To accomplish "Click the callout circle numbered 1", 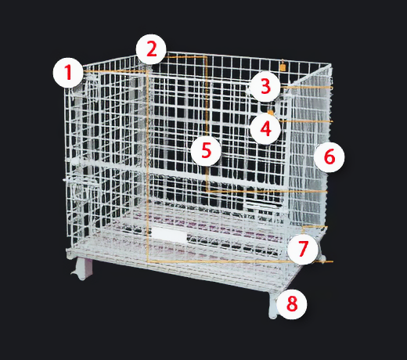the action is pyautogui.click(x=68, y=73).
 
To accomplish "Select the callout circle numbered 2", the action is pyautogui.click(x=151, y=49).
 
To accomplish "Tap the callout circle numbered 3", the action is pyautogui.click(x=265, y=86).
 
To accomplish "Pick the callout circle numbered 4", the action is pyautogui.click(x=265, y=129).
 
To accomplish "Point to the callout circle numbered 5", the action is pyautogui.click(x=206, y=151).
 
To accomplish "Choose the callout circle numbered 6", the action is pyautogui.click(x=330, y=157).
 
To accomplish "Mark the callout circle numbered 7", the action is pyautogui.click(x=303, y=249).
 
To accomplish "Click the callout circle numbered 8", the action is pyautogui.click(x=292, y=304).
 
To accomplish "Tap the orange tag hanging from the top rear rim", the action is pyautogui.click(x=283, y=66).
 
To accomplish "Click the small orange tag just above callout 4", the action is pyautogui.click(x=271, y=112).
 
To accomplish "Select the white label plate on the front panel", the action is pyautogui.click(x=170, y=234).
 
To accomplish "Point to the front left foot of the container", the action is pyautogui.click(x=82, y=268).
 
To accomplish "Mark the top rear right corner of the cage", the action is pyautogui.click(x=331, y=64).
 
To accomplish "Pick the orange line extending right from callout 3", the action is pyautogui.click(x=307, y=87).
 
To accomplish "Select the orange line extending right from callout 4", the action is pyautogui.click(x=307, y=121).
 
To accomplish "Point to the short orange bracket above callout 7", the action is pyautogui.click(x=315, y=228).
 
